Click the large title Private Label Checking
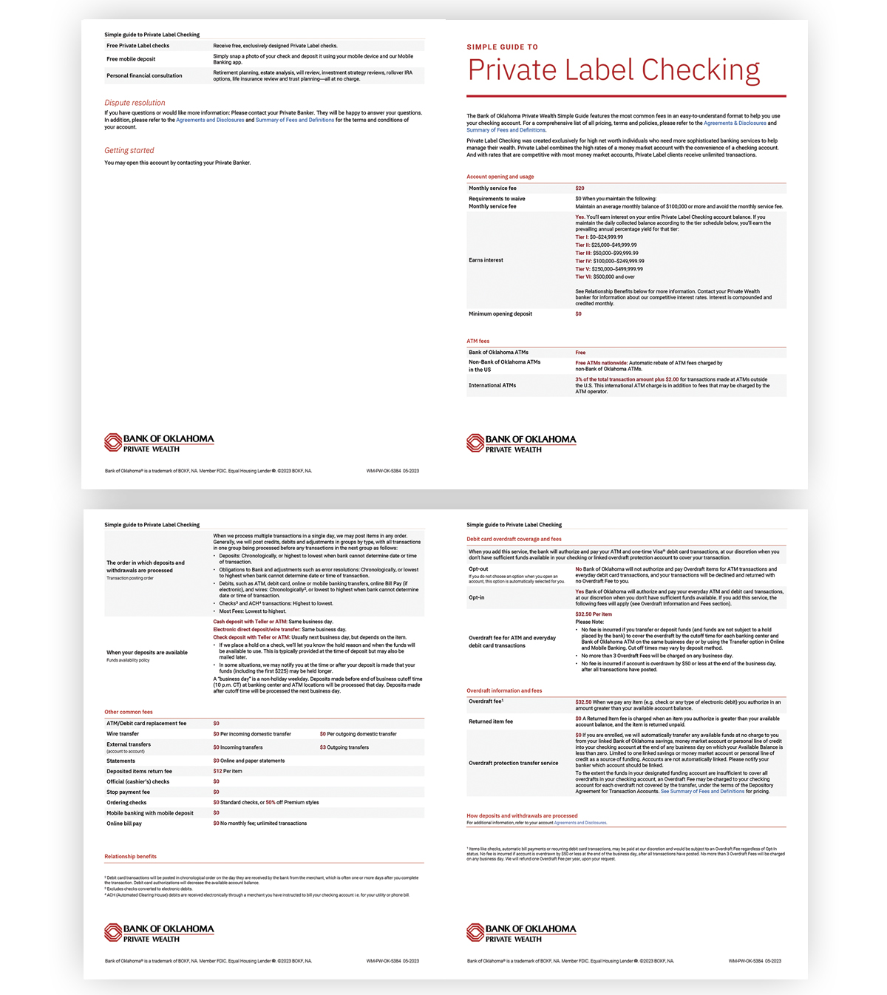[x=614, y=70]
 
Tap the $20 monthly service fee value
[x=580, y=189]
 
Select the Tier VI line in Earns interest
[x=605, y=276]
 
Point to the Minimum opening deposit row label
[x=500, y=314]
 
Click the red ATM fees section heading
[x=478, y=341]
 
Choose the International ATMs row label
[x=492, y=385]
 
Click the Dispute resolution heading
[x=135, y=103]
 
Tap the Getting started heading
[x=129, y=150]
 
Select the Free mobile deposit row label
[x=131, y=59]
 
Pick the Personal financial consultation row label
[x=144, y=75]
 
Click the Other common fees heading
[x=129, y=712]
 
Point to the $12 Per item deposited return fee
[x=228, y=771]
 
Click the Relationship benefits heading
[x=130, y=856]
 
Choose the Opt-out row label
[x=478, y=569]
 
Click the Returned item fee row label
[x=491, y=721]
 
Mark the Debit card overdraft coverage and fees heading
[x=514, y=539]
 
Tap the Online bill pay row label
[x=124, y=823]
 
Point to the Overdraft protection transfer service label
[x=513, y=763]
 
